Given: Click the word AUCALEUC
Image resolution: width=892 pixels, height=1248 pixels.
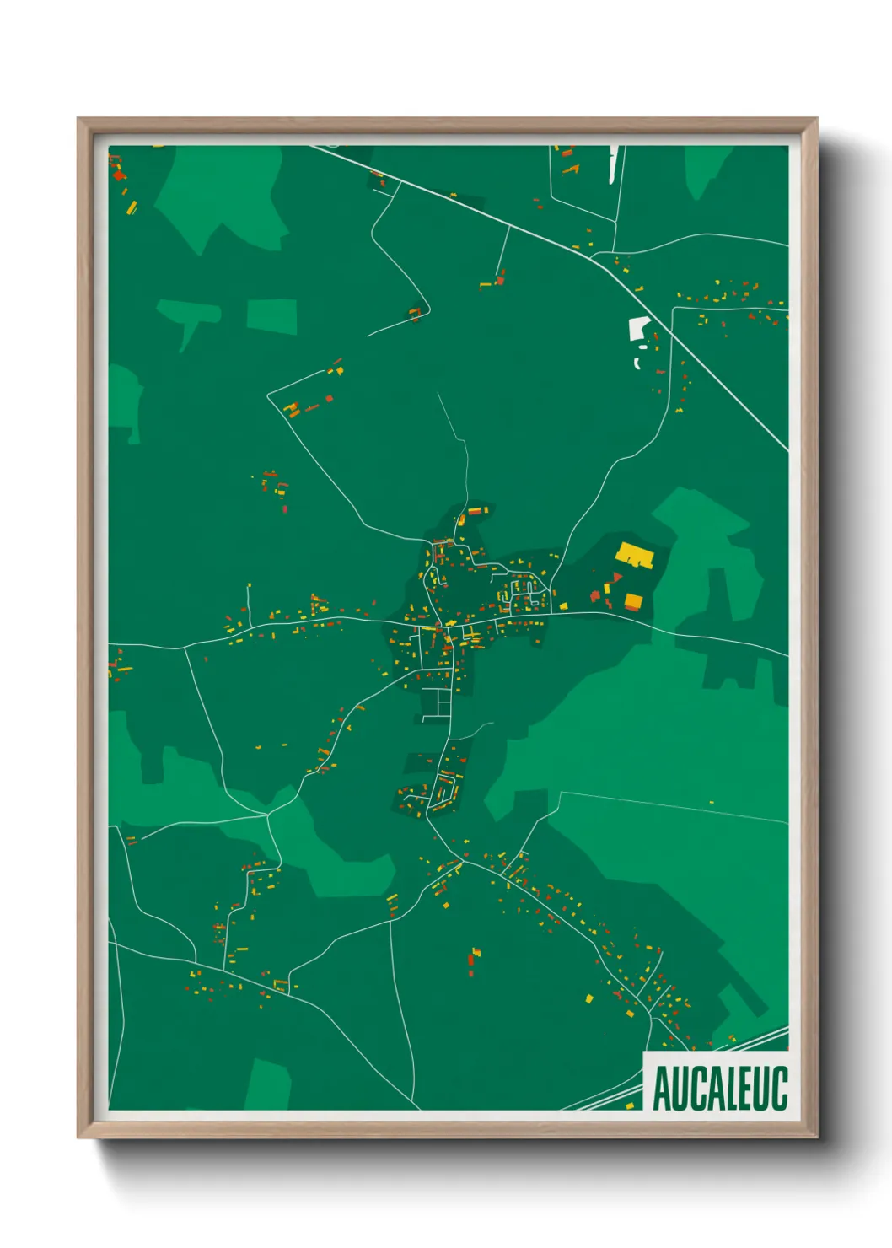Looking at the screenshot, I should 719,1088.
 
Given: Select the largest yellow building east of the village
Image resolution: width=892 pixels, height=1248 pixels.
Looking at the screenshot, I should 636,556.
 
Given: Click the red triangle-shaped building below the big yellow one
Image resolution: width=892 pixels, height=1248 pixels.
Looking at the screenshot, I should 617,577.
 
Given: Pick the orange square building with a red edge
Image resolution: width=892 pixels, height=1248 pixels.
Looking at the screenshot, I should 633,601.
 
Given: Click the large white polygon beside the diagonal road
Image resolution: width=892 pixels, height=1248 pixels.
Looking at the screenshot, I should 639,328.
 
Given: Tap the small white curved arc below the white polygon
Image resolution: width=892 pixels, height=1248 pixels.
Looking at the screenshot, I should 637,363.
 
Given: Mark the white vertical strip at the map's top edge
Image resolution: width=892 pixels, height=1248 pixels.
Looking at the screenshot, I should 613,164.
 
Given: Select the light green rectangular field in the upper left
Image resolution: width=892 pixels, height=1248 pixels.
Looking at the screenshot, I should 271,316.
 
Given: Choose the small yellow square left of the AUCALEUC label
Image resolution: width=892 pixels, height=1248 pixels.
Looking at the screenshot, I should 629,1105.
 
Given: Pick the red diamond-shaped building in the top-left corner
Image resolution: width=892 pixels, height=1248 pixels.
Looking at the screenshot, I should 119,175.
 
